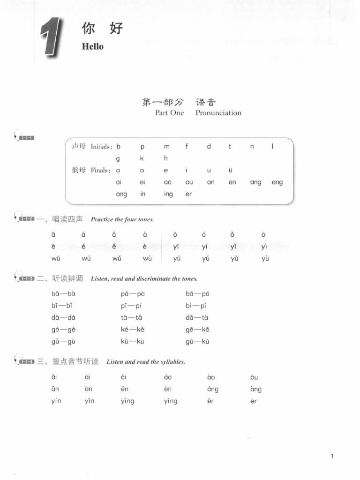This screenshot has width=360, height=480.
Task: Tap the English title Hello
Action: pyautogui.click(x=92, y=46)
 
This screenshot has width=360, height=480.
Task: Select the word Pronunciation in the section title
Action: pyautogui.click(x=218, y=112)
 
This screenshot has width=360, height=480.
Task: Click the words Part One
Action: pyautogui.click(x=169, y=112)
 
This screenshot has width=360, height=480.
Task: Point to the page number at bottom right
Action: pyautogui.click(x=332, y=456)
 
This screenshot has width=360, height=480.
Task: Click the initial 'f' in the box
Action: pyautogui.click(x=187, y=146)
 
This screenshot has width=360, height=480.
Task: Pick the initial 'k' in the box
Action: pyautogui.click(x=142, y=158)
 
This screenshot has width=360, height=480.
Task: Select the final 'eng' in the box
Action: pyautogui.click(x=277, y=182)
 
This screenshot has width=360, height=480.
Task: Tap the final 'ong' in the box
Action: pyautogui.click(x=121, y=194)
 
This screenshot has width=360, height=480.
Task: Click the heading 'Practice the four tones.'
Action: pyautogui.click(x=122, y=219)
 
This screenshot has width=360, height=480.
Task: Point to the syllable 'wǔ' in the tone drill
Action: pyautogui.click(x=117, y=258)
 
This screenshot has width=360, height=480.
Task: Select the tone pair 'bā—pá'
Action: pyautogui.click(x=197, y=294)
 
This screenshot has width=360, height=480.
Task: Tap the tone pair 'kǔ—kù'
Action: pyautogui.click(x=132, y=341)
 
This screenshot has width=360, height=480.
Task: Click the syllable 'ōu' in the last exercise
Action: pyautogui.click(x=254, y=377)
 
